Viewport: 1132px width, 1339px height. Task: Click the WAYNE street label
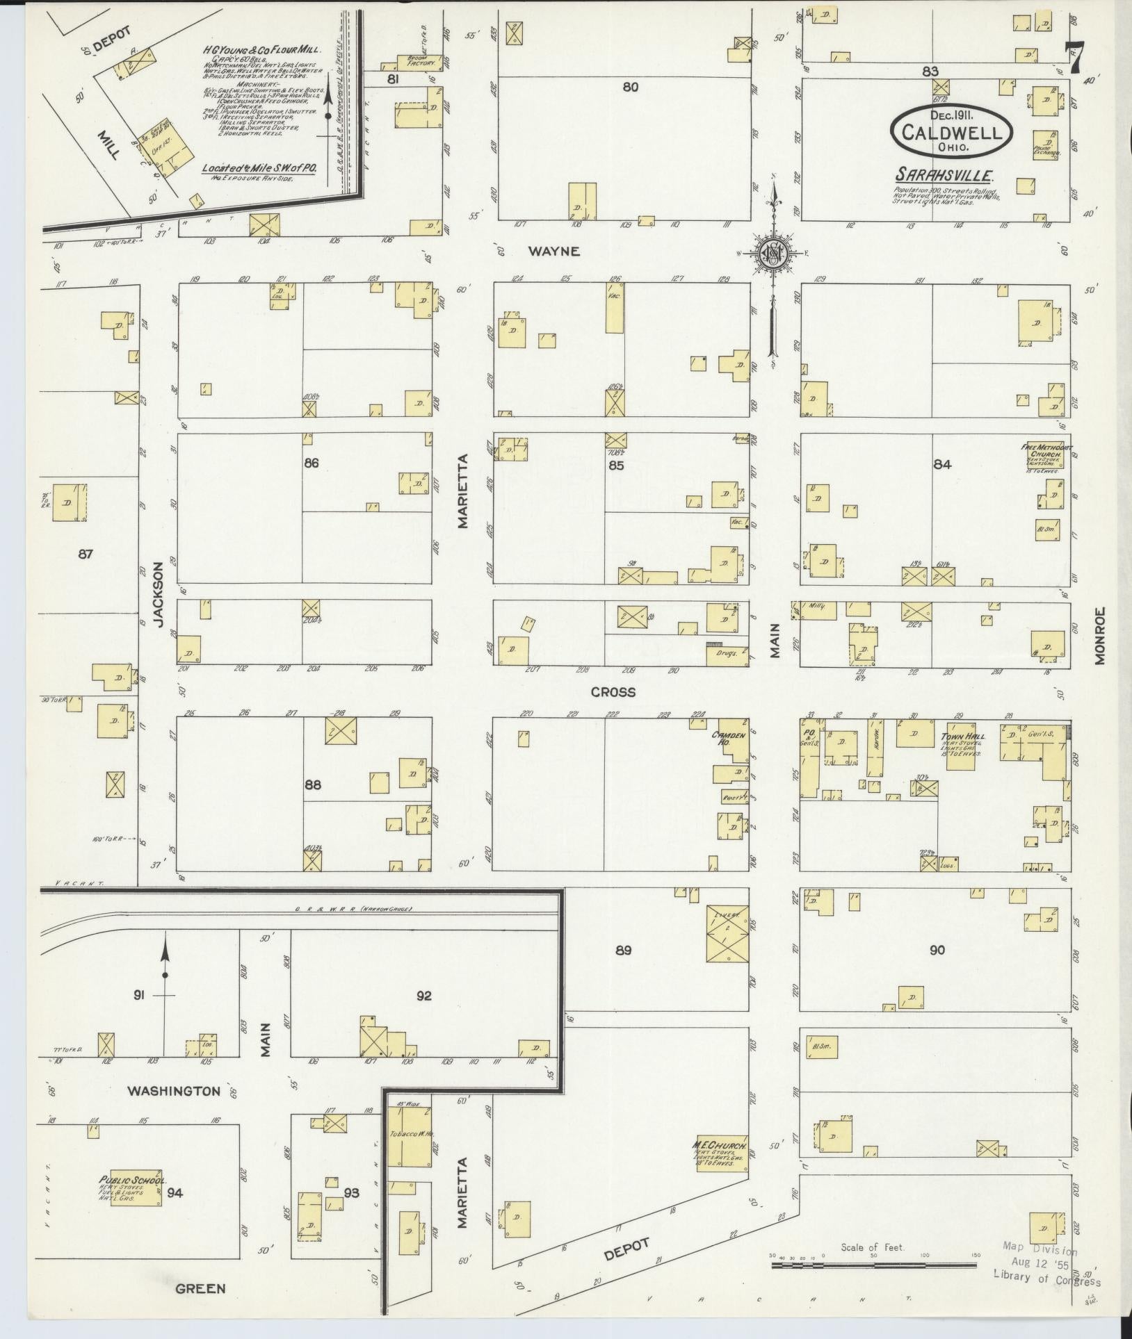553,252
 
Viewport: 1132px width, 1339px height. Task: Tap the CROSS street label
613,692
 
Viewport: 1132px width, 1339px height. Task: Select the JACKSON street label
159,595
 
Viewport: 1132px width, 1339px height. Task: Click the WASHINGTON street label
174,1092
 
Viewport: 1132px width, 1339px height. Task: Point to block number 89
623,950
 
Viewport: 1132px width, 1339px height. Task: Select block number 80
630,87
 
